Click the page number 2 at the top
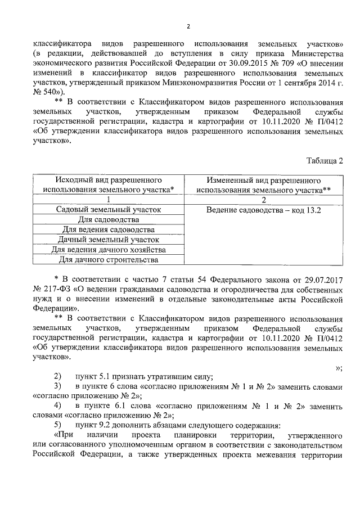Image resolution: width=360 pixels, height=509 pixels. pos(188,26)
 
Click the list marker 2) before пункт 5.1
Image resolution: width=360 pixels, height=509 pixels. pos(57,376)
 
